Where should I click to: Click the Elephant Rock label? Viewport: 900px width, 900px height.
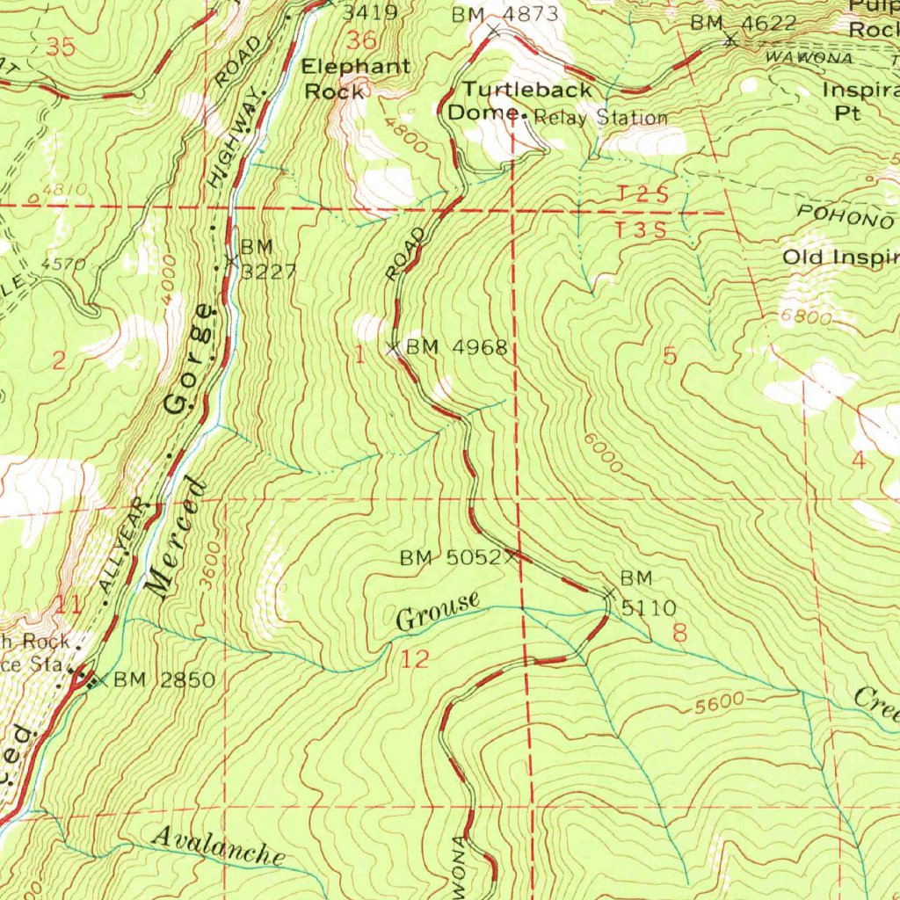[355, 77]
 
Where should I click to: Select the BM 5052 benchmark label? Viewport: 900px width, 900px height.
[451, 557]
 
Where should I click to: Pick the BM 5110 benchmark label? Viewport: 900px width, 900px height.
[648, 593]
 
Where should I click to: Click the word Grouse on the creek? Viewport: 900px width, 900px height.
[438, 612]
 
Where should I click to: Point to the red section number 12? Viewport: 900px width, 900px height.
[415, 659]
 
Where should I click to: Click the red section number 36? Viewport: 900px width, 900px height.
[361, 40]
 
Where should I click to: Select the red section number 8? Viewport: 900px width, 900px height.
[679, 631]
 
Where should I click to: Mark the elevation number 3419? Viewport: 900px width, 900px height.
[369, 12]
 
